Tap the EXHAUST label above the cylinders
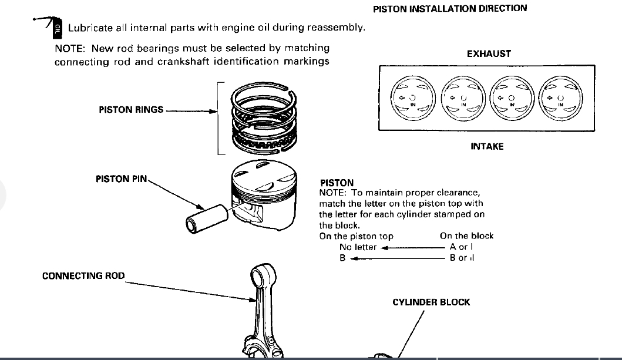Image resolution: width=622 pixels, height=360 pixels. (489, 53)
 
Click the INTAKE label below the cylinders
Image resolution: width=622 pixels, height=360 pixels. (487, 146)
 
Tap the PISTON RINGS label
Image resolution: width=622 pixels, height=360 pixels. (131, 110)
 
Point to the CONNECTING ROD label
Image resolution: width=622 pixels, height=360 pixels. (83, 275)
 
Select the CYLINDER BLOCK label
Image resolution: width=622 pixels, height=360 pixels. (431, 302)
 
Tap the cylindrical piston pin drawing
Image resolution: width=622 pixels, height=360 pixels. (203, 216)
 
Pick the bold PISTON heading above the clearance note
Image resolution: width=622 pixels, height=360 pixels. (337, 183)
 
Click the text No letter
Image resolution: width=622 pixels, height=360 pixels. (358, 247)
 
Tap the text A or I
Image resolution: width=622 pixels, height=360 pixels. (462, 247)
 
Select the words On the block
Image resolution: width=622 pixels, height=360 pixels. (466, 236)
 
